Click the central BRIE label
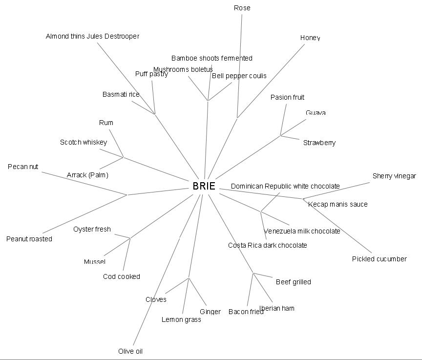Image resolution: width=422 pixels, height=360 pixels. [x=204, y=186]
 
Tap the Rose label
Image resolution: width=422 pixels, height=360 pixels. [x=242, y=8]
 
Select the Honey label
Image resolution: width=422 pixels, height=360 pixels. [x=310, y=38]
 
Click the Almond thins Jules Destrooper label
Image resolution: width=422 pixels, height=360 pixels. [x=92, y=36]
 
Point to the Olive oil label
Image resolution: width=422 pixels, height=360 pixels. [x=130, y=351]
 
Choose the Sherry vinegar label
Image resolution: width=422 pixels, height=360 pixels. [x=394, y=176]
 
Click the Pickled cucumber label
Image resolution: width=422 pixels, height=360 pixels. [x=379, y=259]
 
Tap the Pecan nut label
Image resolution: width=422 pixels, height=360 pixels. [x=23, y=167]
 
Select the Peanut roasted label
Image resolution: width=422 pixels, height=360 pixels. [x=29, y=239]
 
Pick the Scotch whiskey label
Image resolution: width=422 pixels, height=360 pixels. [x=84, y=142]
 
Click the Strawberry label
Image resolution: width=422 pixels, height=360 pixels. [x=319, y=143]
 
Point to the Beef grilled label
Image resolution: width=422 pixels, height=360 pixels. [x=293, y=282]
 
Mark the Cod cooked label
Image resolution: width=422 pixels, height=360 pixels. [x=122, y=276]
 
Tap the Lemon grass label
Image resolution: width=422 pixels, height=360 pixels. [x=181, y=319]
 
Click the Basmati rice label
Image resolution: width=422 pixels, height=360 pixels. [x=121, y=94]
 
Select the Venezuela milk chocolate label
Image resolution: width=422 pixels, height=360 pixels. [x=302, y=231]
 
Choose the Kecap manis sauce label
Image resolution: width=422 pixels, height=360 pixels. [x=338, y=204]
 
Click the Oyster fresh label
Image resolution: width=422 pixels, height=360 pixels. [x=92, y=229]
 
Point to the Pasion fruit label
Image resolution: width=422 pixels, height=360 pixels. [x=287, y=97]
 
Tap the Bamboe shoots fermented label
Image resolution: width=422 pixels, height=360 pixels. [x=211, y=58]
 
